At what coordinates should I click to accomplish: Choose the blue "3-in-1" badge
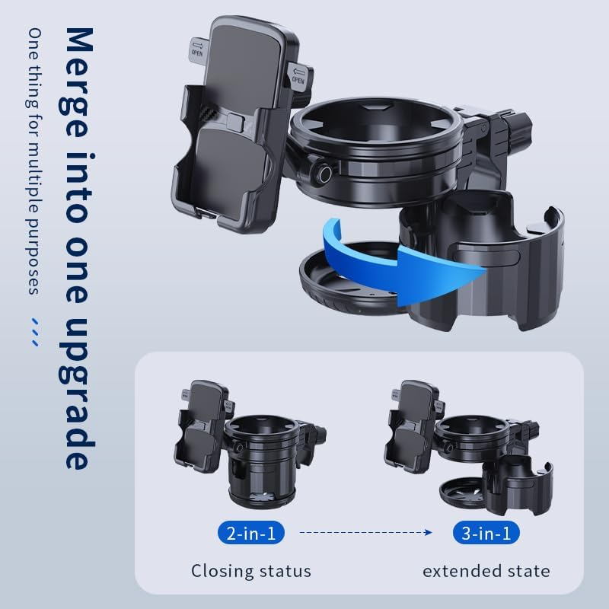pyautogui.click(x=486, y=533)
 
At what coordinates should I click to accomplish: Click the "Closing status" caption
pyautogui.click(x=251, y=570)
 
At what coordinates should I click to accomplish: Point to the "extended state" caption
pyautogui.click(x=486, y=570)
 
